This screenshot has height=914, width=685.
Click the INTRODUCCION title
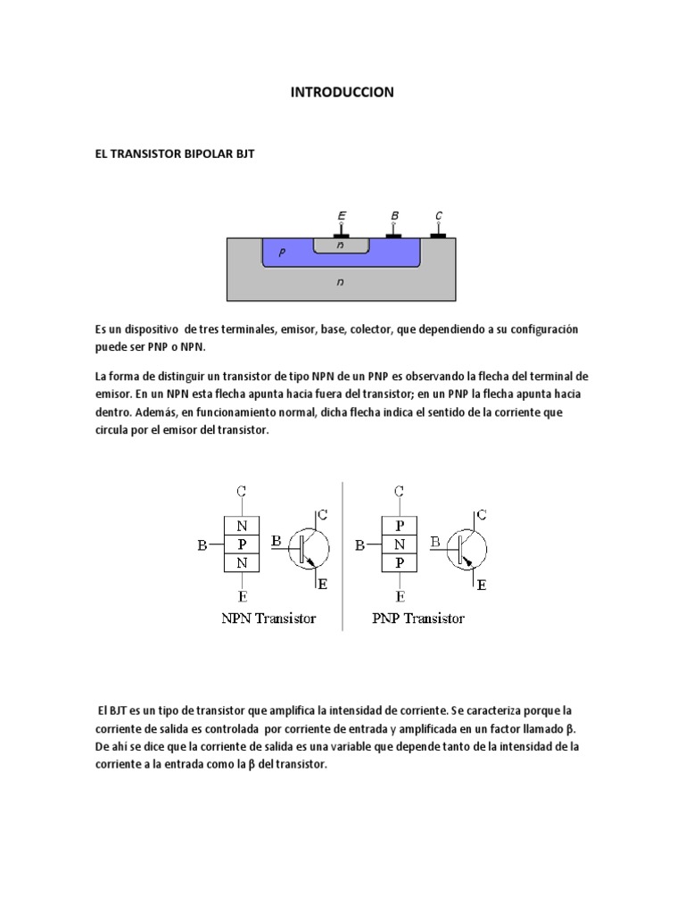(342, 92)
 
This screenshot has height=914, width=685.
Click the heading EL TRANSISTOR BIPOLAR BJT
(175, 154)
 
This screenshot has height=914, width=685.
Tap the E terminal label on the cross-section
(342, 216)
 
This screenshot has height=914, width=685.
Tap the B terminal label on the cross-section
(394, 216)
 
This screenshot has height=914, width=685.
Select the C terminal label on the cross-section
(438, 216)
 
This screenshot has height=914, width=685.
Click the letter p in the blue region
(282, 253)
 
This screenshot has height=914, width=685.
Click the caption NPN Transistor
(268, 618)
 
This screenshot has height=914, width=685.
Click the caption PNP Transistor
(418, 618)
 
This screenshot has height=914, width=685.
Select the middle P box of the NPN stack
(243, 544)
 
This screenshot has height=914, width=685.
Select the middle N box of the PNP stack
(400, 544)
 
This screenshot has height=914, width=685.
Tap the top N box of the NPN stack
(243, 526)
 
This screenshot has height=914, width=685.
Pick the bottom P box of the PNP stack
(400, 562)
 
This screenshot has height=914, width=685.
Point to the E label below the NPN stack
(243, 595)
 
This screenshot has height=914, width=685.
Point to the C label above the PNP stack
(400, 491)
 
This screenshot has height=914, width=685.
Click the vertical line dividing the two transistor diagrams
(343, 553)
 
